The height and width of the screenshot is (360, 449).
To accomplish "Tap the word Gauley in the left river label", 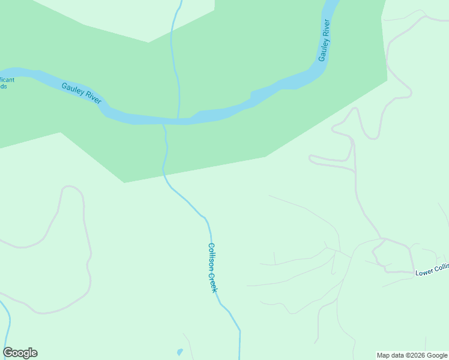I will tap(73, 89).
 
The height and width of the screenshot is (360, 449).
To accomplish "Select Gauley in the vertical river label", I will tap(322, 51).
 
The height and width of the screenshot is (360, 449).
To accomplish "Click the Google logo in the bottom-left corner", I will tap(20, 353).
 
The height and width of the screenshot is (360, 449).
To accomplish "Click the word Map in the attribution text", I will tap(384, 355).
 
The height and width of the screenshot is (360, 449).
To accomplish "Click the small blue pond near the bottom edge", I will tap(179, 352).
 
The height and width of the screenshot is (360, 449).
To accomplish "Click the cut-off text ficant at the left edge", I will tap(7, 79).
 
